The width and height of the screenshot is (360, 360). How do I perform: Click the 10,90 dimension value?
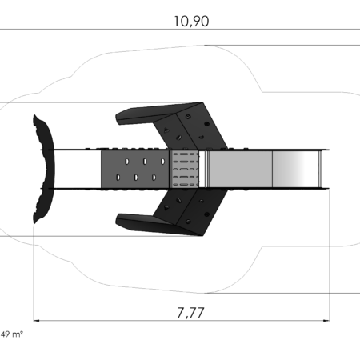(x=191, y=22)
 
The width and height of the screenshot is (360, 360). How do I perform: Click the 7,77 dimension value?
(x=191, y=313)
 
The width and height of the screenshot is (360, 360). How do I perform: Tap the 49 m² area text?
(x=12, y=334)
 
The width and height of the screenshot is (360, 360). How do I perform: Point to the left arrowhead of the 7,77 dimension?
(x=37, y=321)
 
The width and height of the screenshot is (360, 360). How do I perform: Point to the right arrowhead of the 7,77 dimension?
(x=326, y=321)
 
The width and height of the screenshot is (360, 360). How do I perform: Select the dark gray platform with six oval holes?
(x=135, y=170)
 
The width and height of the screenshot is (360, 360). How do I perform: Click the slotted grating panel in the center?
(x=185, y=170)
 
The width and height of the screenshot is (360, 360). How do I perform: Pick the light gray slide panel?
(x=240, y=170)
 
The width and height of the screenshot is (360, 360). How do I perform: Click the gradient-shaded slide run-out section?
(x=295, y=170)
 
